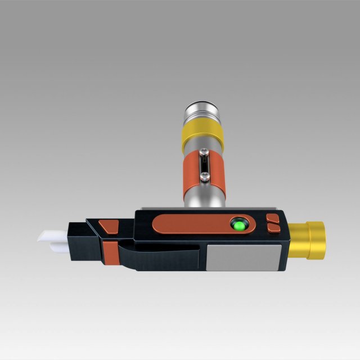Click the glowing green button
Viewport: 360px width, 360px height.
click(240, 226)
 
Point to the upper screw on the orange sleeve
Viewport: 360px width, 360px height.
click(204, 152)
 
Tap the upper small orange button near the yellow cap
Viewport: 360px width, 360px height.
click(274, 218)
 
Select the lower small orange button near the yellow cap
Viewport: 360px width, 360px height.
click(274, 227)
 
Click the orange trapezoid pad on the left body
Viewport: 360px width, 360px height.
click(109, 226)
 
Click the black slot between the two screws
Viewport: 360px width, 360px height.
click(204, 165)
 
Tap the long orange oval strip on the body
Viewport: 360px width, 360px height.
click(191, 224)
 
